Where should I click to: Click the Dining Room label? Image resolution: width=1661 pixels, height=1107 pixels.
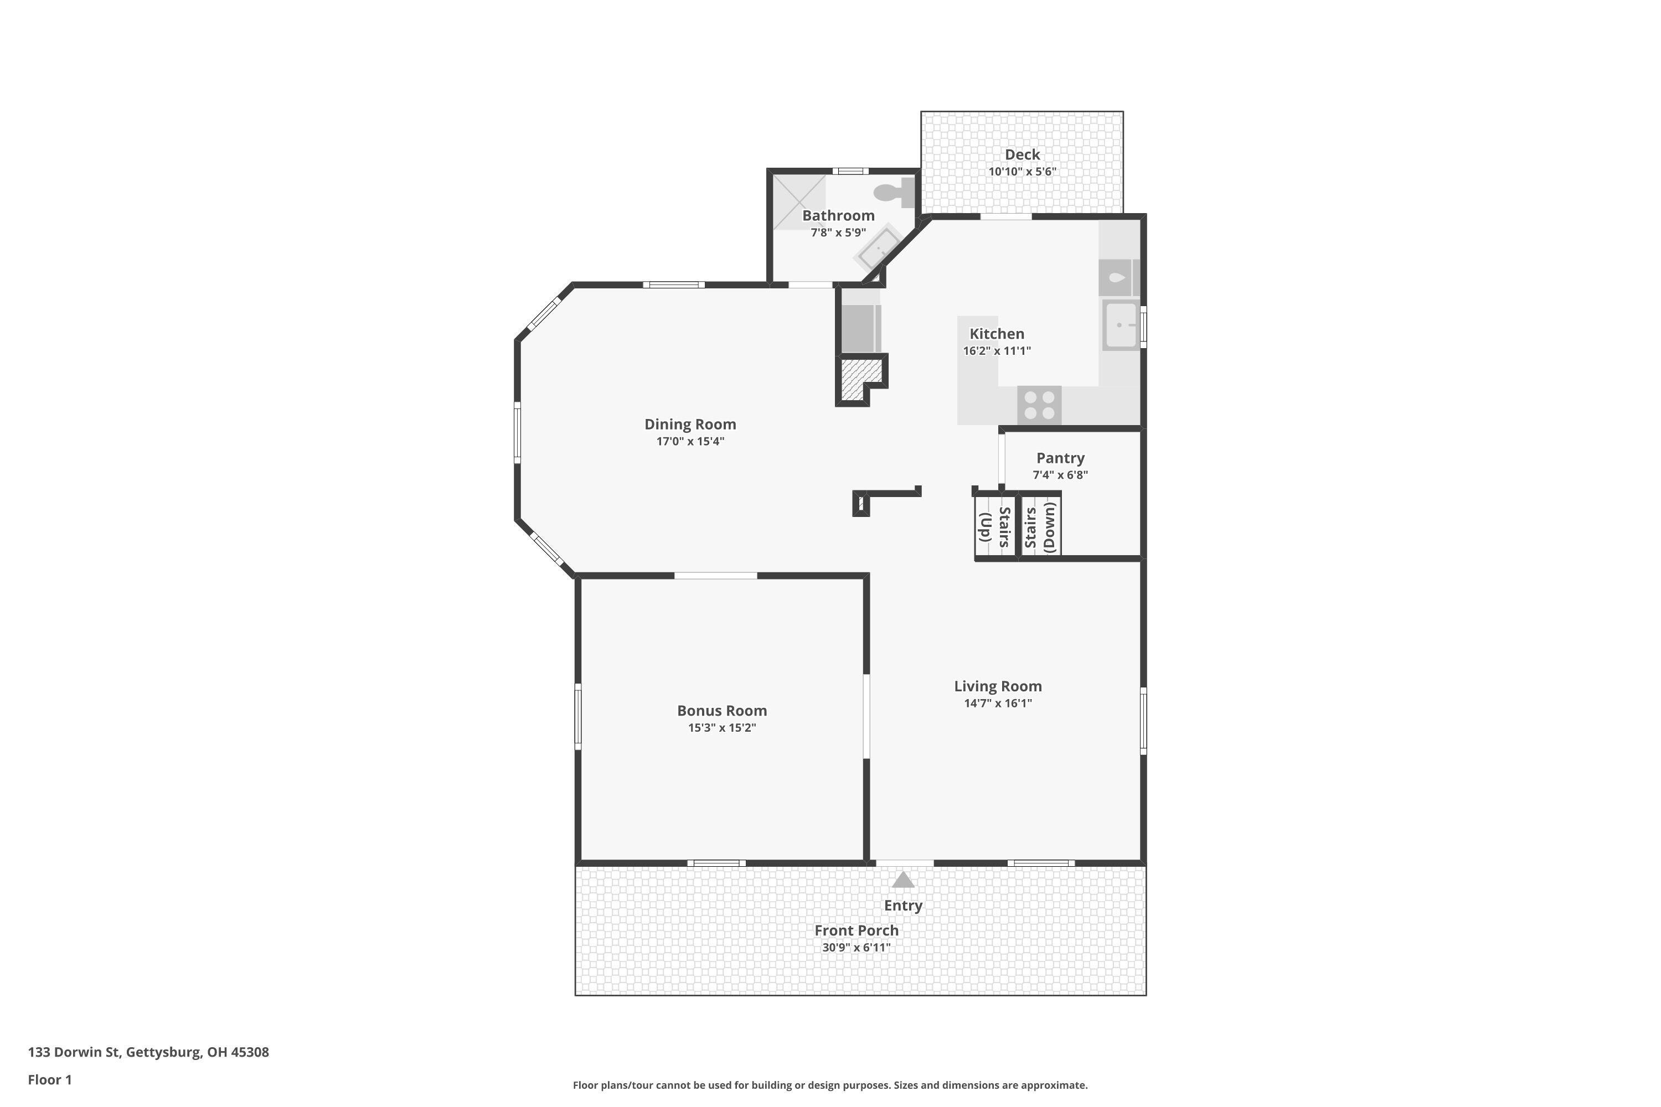(x=690, y=425)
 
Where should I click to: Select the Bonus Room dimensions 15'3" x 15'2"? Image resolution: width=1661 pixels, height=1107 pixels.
(x=722, y=728)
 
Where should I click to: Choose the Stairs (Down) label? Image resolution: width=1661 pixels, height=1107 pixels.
(x=1040, y=527)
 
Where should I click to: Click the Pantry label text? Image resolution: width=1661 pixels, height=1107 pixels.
(x=1060, y=458)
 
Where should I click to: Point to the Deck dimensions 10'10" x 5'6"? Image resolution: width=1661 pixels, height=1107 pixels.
(x=1022, y=172)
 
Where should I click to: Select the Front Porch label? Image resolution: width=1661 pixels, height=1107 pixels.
(x=856, y=930)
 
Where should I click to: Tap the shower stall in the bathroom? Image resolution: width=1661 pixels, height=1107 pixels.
(x=799, y=202)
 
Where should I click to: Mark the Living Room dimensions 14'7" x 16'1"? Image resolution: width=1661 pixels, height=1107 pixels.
(x=997, y=703)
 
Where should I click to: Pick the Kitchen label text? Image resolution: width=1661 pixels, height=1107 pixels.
(x=997, y=334)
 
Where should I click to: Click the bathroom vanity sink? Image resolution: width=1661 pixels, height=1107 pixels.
(x=879, y=249)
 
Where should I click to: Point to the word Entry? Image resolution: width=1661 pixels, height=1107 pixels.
(x=903, y=905)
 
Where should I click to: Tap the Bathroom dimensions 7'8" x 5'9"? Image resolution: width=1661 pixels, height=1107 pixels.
(x=838, y=232)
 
